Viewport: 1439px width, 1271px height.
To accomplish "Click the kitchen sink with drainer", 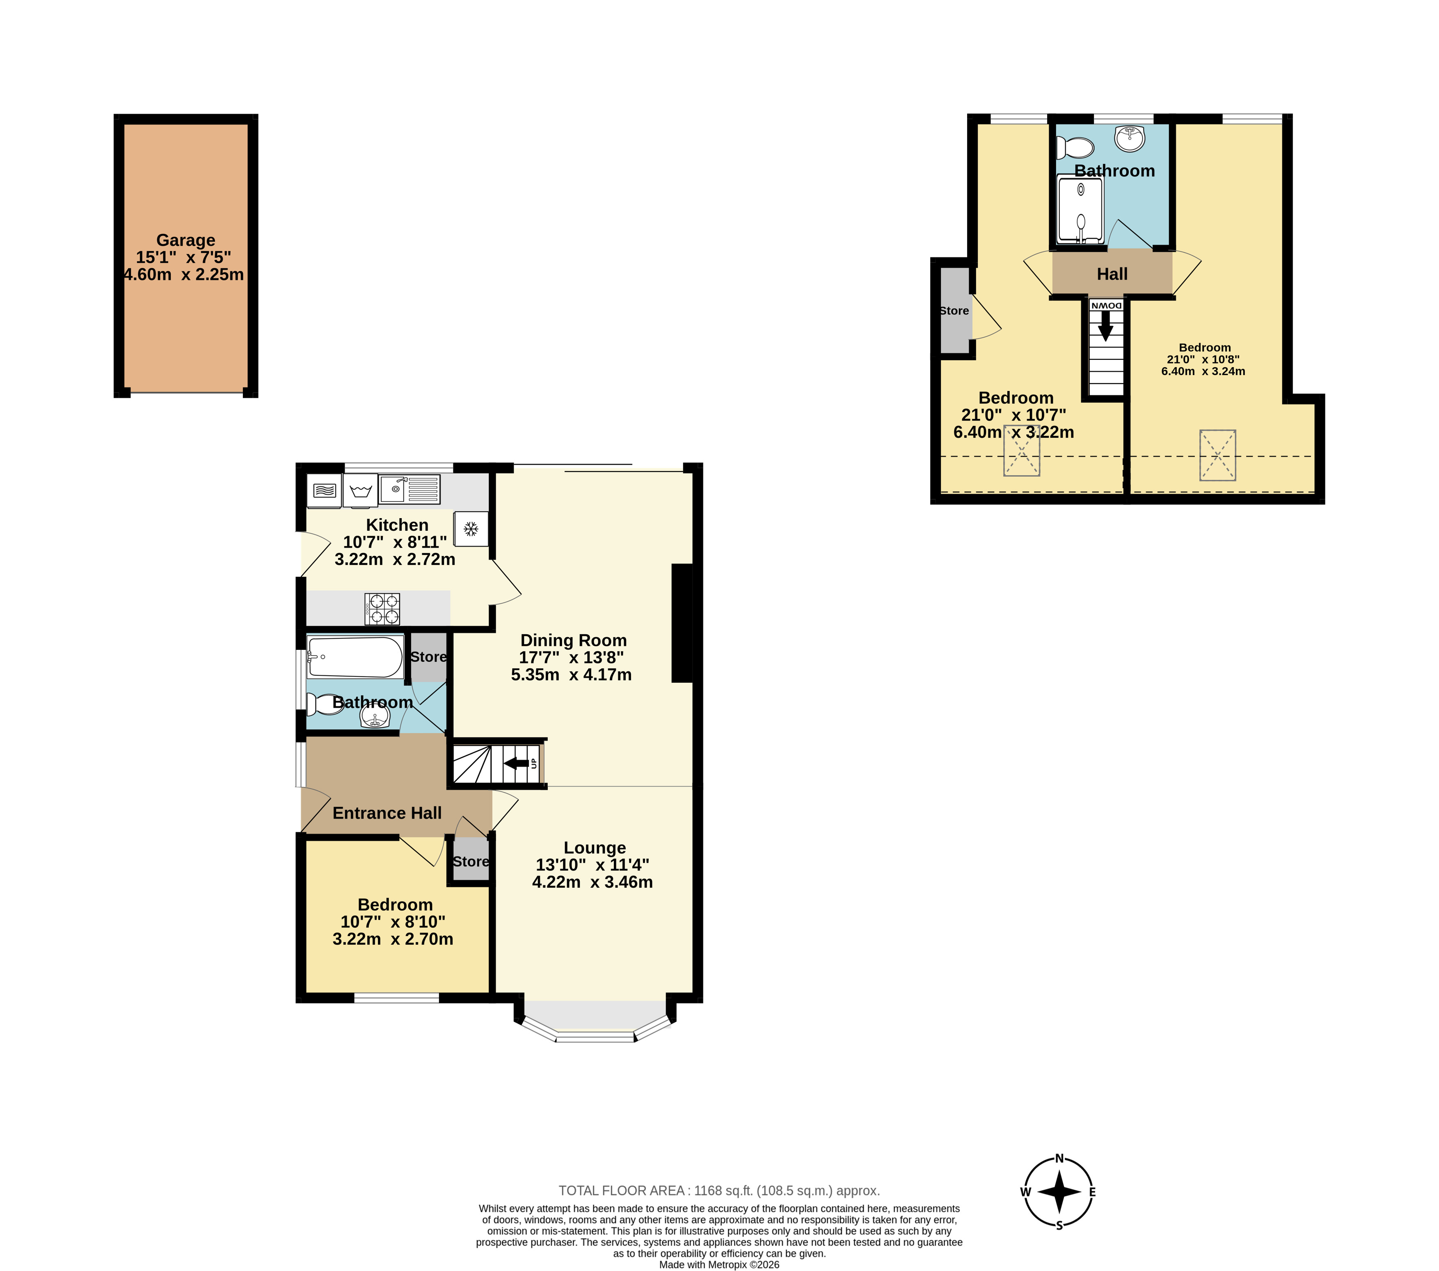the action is click(410, 489).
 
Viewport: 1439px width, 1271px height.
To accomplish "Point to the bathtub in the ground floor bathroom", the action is click(355, 656).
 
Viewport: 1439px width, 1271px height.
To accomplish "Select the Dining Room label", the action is click(573, 640).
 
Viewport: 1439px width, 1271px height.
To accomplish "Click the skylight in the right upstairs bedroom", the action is click(1218, 455).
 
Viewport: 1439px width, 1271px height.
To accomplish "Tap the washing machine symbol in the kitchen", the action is click(360, 491).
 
